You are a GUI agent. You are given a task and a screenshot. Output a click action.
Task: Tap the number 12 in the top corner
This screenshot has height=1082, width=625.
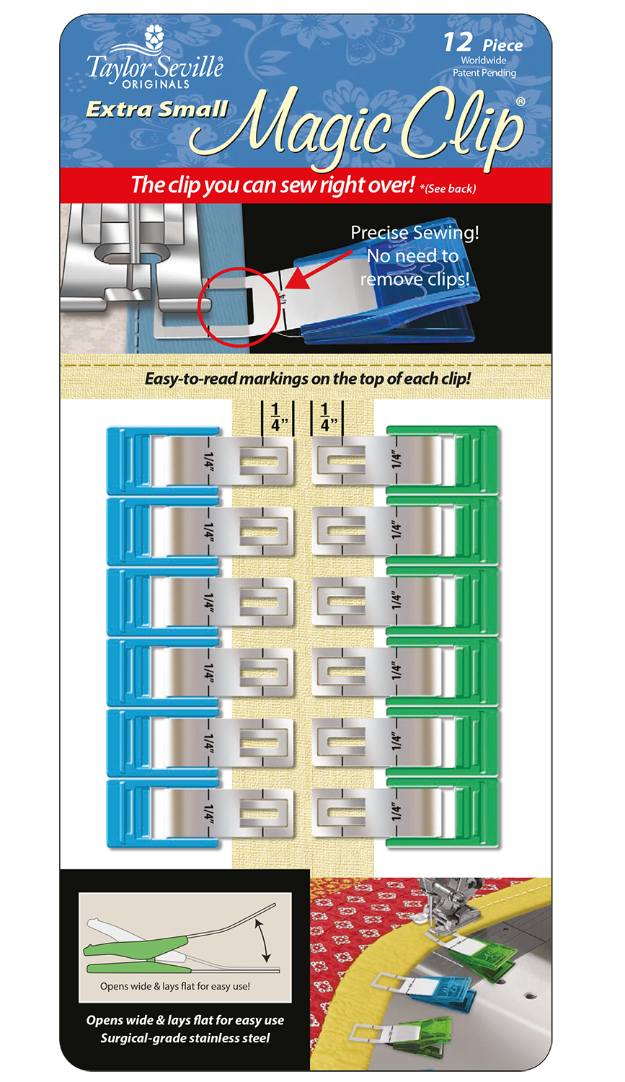click(x=458, y=43)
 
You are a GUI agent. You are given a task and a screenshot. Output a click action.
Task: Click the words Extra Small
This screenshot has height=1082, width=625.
click(x=157, y=110)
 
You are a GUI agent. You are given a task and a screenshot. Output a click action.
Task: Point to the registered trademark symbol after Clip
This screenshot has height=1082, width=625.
click(x=520, y=102)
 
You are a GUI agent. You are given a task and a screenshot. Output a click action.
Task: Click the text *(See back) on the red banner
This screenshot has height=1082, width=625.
click(x=447, y=189)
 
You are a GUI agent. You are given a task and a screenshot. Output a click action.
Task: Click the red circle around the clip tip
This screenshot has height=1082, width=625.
click(x=238, y=307)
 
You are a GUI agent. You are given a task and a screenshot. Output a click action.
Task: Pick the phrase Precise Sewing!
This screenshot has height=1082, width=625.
click(x=415, y=233)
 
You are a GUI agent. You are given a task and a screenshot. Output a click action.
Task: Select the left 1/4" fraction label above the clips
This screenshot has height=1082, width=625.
click(x=275, y=418)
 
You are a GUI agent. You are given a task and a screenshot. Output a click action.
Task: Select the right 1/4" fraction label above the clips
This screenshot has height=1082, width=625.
click(x=324, y=418)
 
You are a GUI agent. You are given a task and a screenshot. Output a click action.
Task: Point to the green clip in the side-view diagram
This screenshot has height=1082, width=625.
click(x=137, y=946)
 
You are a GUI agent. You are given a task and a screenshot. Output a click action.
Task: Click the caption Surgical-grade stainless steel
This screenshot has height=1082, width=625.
click(x=185, y=1038)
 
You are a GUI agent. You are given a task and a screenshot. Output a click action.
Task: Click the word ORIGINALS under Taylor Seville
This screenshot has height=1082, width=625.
click(x=156, y=84)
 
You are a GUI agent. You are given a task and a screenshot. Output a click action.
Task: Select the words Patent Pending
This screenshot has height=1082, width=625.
click(x=484, y=73)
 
